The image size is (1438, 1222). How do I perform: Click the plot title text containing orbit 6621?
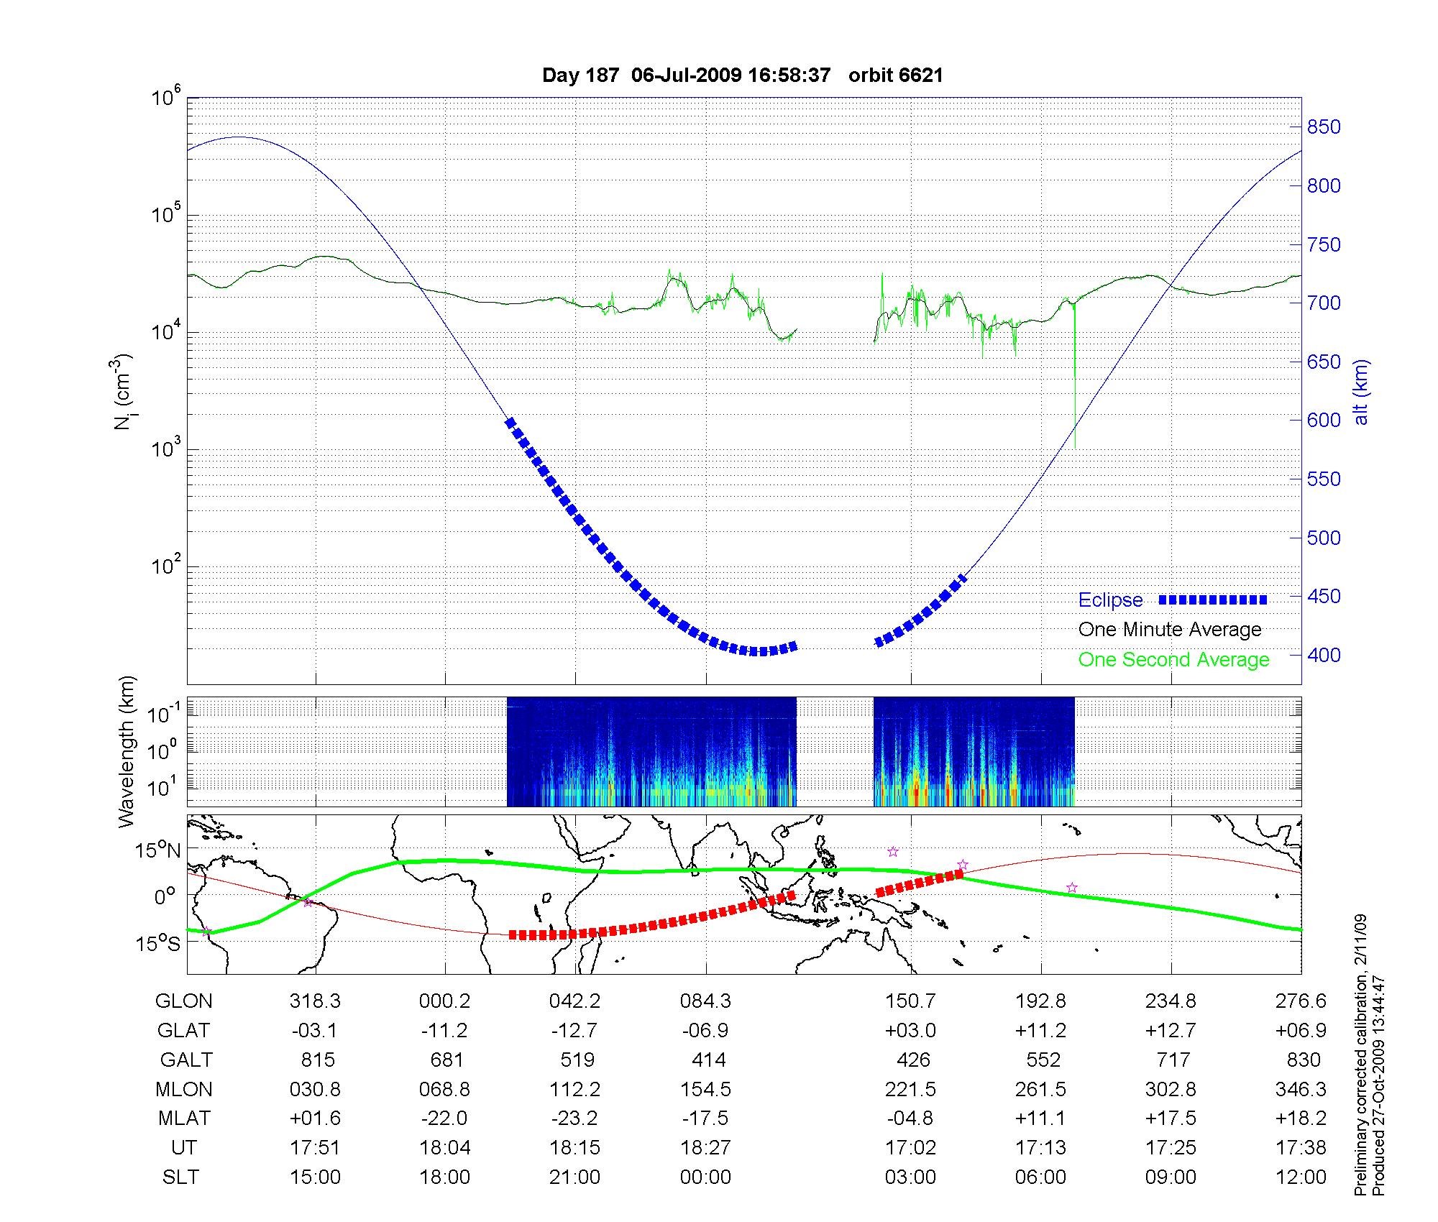(742, 75)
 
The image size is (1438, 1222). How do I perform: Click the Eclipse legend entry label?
(1110, 600)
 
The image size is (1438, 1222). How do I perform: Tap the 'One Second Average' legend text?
(1173, 660)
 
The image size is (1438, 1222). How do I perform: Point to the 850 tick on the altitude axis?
(1324, 127)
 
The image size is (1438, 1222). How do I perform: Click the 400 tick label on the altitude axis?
(1324, 655)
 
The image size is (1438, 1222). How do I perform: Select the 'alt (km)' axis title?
(1361, 392)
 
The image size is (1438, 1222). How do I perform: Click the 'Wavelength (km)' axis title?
(127, 752)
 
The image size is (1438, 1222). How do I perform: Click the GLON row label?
(184, 1001)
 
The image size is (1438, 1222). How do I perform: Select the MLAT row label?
(184, 1118)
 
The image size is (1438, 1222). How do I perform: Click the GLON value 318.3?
(315, 1001)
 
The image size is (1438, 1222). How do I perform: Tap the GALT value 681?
(446, 1060)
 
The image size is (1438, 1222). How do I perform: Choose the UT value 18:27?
(706, 1148)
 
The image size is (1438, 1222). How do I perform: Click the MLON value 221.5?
(910, 1090)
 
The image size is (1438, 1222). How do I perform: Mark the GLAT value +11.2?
(1041, 1031)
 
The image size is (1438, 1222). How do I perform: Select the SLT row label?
(180, 1177)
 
